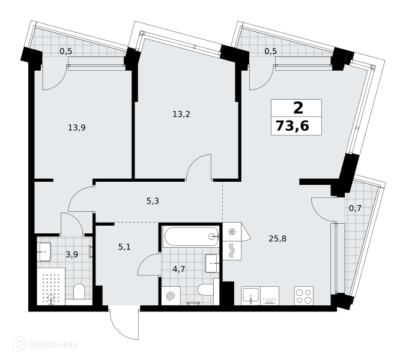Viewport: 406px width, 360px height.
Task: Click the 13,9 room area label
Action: tap(77, 127)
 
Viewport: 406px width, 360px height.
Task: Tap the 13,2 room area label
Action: tap(181, 114)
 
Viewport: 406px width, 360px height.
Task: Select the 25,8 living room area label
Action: tap(277, 238)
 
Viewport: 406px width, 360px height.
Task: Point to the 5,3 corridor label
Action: tap(153, 201)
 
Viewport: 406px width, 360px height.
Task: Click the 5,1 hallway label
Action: tap(124, 247)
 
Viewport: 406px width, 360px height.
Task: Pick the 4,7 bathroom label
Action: tap(178, 269)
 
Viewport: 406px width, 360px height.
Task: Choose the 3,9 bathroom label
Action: tap(71, 255)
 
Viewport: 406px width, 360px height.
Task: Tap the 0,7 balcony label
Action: tap(355, 208)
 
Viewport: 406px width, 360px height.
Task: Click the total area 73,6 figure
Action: tap(292, 127)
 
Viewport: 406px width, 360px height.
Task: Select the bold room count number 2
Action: tap(298, 108)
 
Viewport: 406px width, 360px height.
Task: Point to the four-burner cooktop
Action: tap(304, 296)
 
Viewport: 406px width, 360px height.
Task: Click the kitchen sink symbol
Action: tap(250, 296)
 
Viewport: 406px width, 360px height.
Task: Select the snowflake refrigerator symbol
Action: tap(231, 232)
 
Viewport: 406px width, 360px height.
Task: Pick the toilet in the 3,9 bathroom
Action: tap(79, 292)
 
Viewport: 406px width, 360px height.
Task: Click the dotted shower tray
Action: tap(50, 287)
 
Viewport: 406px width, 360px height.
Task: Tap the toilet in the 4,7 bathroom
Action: tap(206, 290)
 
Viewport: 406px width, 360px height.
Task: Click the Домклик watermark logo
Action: tap(45, 344)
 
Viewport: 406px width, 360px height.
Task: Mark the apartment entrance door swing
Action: tap(124, 323)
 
